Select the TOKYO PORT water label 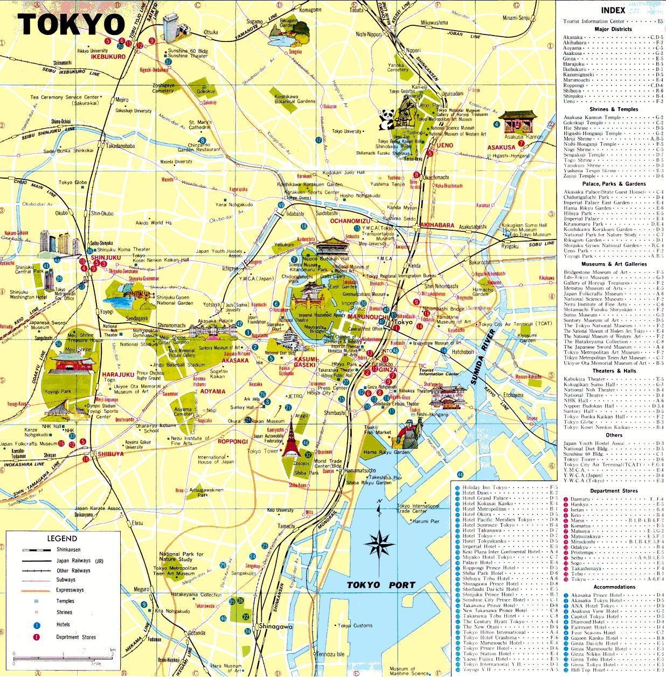[381, 585]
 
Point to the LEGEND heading [62, 538]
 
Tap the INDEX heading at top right [613, 10]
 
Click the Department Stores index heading [613, 491]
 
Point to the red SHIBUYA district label [110, 454]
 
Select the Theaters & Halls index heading [614, 371]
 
